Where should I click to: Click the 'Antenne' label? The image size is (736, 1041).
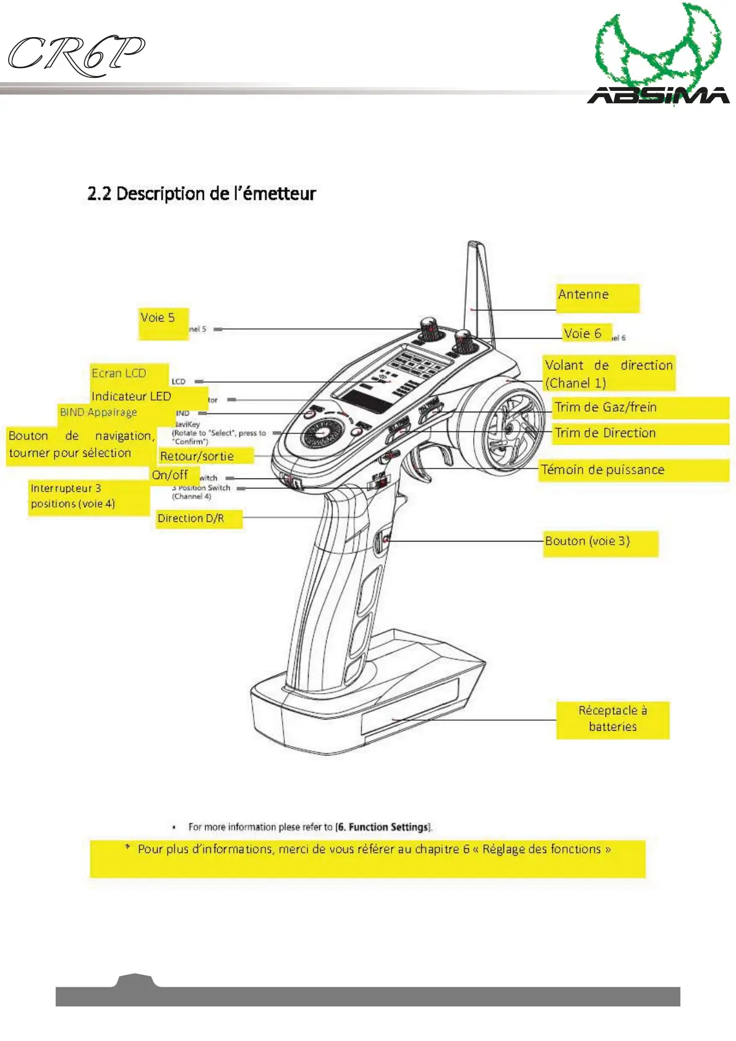pyautogui.click(x=583, y=295)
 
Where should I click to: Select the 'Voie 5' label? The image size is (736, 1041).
pyautogui.click(x=158, y=318)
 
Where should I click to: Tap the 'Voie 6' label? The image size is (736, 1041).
pyautogui.click(x=582, y=334)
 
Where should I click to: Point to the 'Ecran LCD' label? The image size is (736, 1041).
pyautogui.click(x=119, y=373)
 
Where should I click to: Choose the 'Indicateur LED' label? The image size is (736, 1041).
pyautogui.click(x=131, y=396)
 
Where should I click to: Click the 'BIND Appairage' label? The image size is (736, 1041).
pyautogui.click(x=98, y=412)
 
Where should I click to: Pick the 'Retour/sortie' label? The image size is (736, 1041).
pyautogui.click(x=197, y=456)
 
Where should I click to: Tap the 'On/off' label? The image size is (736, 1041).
pyautogui.click(x=170, y=475)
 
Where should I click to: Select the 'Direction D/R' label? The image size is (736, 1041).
pyautogui.click(x=190, y=519)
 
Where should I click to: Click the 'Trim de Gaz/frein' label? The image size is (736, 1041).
pyautogui.click(x=605, y=407)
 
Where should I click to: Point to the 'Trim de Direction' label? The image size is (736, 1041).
pyautogui.click(x=605, y=433)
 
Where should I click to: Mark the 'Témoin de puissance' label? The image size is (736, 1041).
pyautogui.click(x=602, y=470)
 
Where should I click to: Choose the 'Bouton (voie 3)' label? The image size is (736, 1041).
pyautogui.click(x=587, y=542)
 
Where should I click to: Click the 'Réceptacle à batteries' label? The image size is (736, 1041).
pyautogui.click(x=612, y=719)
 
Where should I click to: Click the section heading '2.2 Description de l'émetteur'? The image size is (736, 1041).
pyautogui.click(x=202, y=194)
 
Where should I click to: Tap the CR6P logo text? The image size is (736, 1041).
pyautogui.click(x=75, y=56)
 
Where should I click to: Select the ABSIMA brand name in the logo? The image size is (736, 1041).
pyautogui.click(x=658, y=95)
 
